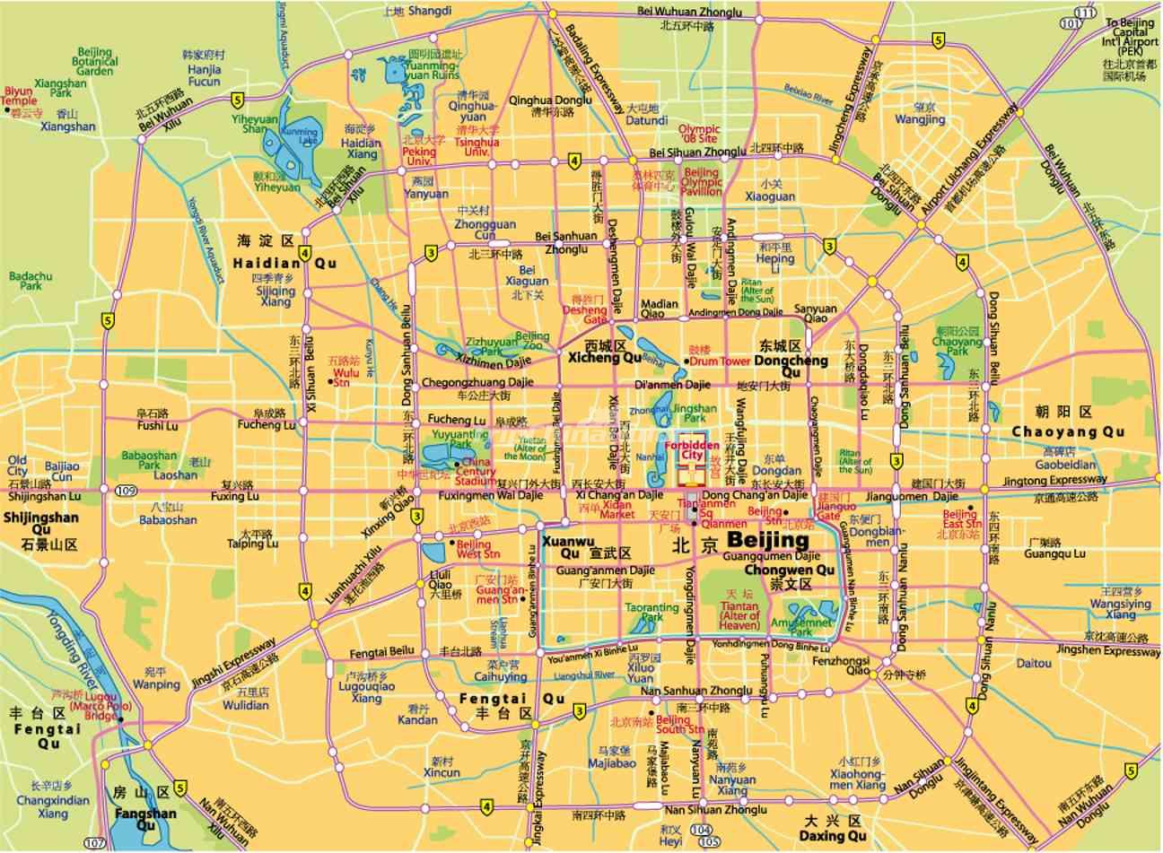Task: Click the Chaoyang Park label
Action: pyautogui.click(x=957, y=348)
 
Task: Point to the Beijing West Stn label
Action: pyautogui.click(x=473, y=549)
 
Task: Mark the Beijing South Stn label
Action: pyautogui.click(x=673, y=725)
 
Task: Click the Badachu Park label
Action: pyautogui.click(x=25, y=282)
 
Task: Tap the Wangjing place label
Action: pyautogui.click(x=920, y=118)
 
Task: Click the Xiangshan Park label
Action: pyautogui.click(x=59, y=88)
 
